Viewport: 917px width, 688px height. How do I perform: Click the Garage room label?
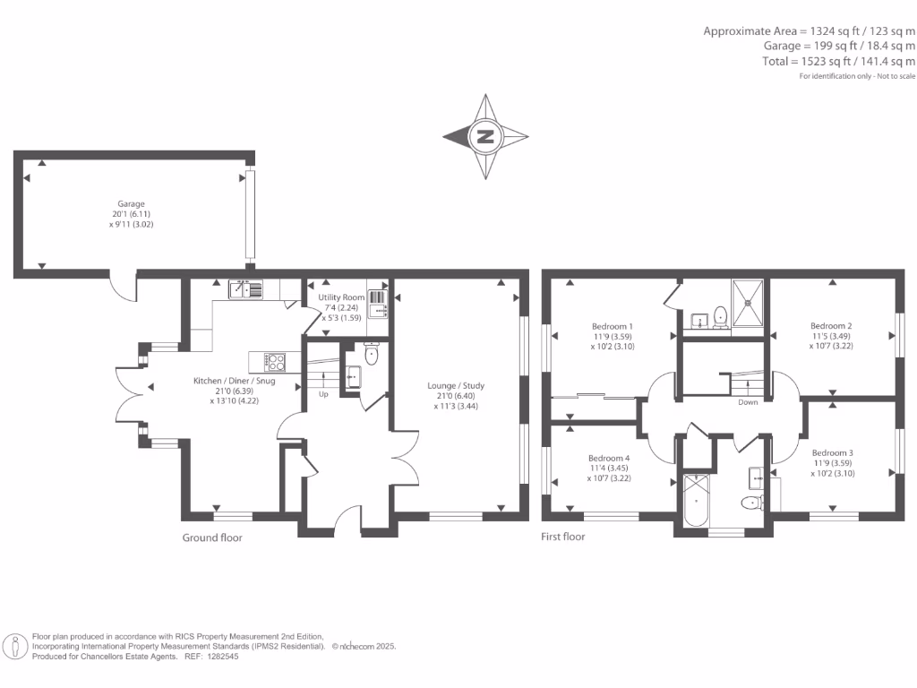click(x=131, y=203)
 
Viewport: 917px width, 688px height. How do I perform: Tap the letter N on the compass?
click(x=485, y=137)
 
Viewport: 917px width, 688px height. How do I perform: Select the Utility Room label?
click(x=342, y=297)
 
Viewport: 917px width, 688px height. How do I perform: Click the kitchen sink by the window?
click(x=245, y=288)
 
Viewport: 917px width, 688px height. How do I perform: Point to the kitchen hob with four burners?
click(x=275, y=362)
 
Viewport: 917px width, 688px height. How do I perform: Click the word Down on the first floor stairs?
click(x=748, y=402)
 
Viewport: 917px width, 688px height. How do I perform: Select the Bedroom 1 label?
click(x=613, y=326)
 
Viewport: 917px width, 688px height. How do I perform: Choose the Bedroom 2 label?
click(x=830, y=326)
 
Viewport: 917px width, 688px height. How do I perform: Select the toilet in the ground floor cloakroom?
click(x=373, y=356)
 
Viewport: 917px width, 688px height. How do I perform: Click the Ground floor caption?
click(x=212, y=537)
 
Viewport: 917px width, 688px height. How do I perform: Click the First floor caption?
click(x=563, y=537)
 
